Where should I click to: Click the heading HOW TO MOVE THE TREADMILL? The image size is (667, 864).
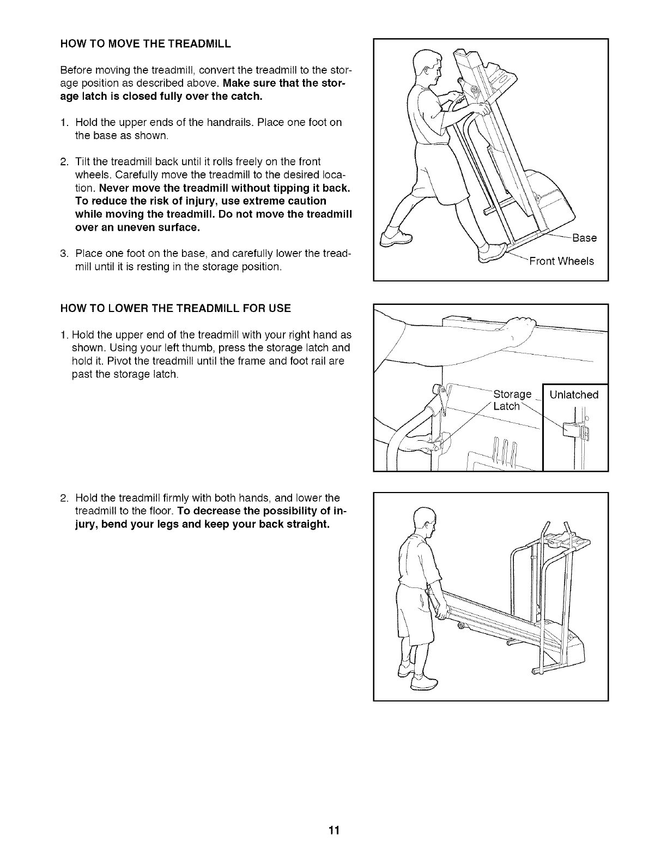(145, 44)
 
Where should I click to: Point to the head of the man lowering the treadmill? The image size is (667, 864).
(423, 523)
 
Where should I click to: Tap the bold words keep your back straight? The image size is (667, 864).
(270, 525)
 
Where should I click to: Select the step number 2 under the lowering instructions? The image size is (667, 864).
(64, 498)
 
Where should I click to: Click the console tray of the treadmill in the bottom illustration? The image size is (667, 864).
(567, 543)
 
